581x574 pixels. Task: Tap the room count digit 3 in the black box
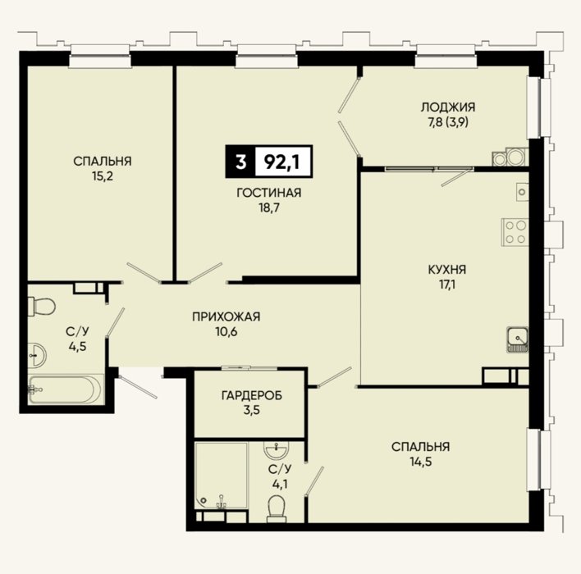tap(240, 162)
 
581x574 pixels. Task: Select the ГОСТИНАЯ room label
tap(269, 193)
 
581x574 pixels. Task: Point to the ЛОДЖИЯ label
tap(448, 107)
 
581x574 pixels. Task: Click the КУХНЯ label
tap(447, 269)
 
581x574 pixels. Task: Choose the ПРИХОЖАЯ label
tap(226, 317)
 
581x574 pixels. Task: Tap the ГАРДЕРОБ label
tap(252, 395)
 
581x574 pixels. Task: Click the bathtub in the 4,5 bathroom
tap(65, 389)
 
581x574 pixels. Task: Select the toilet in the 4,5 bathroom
tap(42, 306)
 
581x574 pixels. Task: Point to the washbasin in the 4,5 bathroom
tap(37, 356)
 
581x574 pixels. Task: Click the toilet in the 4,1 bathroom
tap(276, 509)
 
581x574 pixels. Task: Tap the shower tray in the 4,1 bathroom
tap(222, 476)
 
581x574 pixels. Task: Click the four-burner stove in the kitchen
tap(515, 232)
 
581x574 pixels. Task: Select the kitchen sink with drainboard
tap(518, 339)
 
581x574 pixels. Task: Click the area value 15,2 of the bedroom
tap(103, 176)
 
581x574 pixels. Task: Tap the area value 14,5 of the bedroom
tap(421, 462)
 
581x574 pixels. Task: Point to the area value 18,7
tap(269, 207)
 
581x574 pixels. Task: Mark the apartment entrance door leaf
tap(138, 387)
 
